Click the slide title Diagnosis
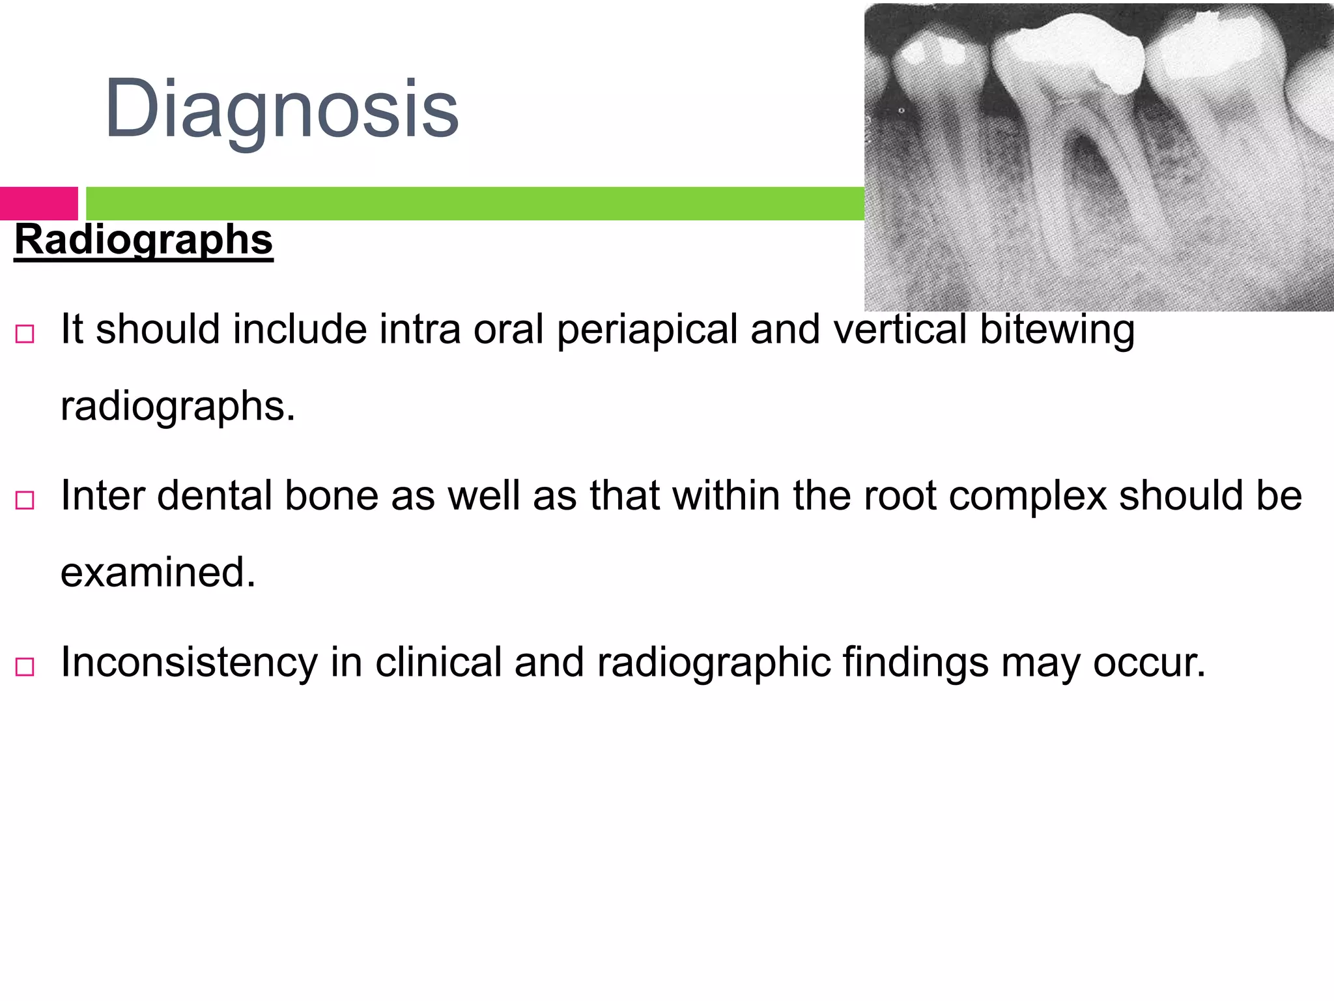coord(281,108)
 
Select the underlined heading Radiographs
coord(143,240)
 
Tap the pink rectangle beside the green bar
coord(39,203)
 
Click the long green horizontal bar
coord(475,203)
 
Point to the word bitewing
coord(1057,330)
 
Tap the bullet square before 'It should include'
coord(25,334)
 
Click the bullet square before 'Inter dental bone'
coord(25,500)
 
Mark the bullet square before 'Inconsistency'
coord(25,667)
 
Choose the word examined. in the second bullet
coord(158,572)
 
